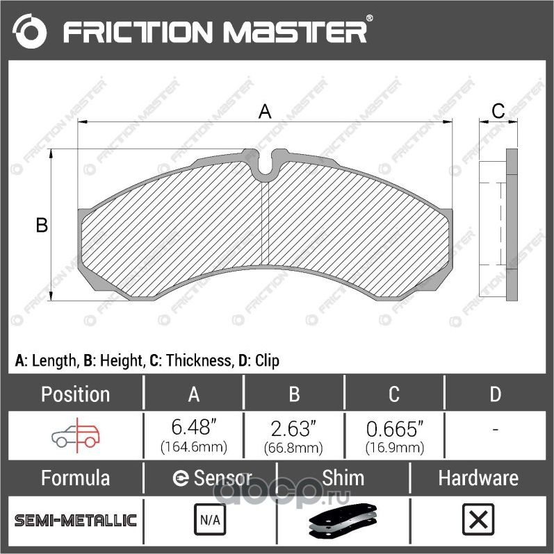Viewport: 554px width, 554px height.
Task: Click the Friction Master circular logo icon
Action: [29, 31]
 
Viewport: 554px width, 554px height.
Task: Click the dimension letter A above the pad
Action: [264, 111]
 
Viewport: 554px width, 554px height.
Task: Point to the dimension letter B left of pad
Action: [42, 226]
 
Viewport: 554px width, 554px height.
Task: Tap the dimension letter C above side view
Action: [498, 111]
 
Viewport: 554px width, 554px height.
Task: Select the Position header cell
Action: [75, 394]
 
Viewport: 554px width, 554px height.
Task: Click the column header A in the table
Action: [194, 394]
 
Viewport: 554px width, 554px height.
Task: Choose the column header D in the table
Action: [495, 394]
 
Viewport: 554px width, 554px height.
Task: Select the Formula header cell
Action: [75, 478]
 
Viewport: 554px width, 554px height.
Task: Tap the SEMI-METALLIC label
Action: [75, 520]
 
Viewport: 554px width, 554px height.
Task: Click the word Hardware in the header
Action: [478, 478]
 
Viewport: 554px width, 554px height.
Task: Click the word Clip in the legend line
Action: [267, 361]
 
